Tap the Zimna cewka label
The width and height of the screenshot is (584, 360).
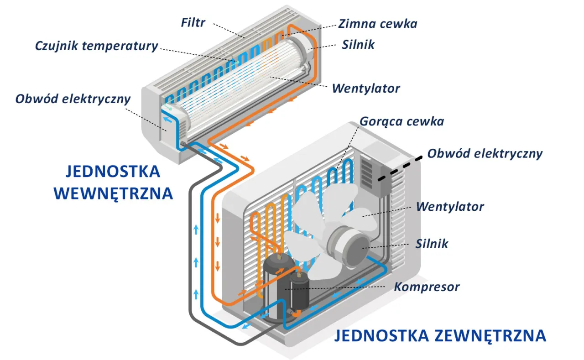pos(377,23)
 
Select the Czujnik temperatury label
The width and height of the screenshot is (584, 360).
pos(97,46)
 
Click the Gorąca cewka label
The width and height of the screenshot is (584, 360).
pos(401,121)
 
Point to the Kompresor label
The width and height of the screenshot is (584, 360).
pos(427,287)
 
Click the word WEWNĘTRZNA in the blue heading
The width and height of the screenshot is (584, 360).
pos(114,193)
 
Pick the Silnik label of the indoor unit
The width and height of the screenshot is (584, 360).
pos(358,44)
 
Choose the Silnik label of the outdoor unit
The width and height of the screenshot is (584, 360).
pos(431,244)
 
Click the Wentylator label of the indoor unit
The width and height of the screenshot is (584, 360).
pos(366,88)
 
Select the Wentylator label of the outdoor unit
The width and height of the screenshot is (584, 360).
pos(449,207)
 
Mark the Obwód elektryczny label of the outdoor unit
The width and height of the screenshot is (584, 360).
pos(485,153)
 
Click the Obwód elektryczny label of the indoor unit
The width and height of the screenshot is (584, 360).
pos(73,99)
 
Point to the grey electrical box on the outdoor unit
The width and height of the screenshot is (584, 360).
pos(374,176)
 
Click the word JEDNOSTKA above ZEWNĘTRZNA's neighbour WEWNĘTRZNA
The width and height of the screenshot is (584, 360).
pos(113,172)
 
